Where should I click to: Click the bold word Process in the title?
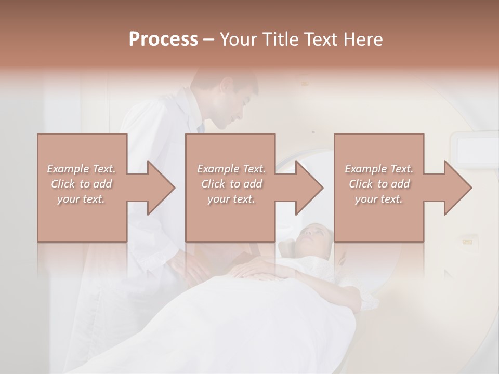[163, 39]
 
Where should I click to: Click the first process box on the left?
[82, 188]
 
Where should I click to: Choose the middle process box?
[230, 188]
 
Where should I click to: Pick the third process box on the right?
[378, 188]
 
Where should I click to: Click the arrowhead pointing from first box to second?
[161, 188]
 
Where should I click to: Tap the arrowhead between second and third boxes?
[309, 188]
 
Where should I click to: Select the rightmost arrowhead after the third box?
[457, 188]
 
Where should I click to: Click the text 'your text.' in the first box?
[81, 199]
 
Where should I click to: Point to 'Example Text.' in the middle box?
[231, 169]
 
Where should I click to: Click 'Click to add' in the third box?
[379, 184]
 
